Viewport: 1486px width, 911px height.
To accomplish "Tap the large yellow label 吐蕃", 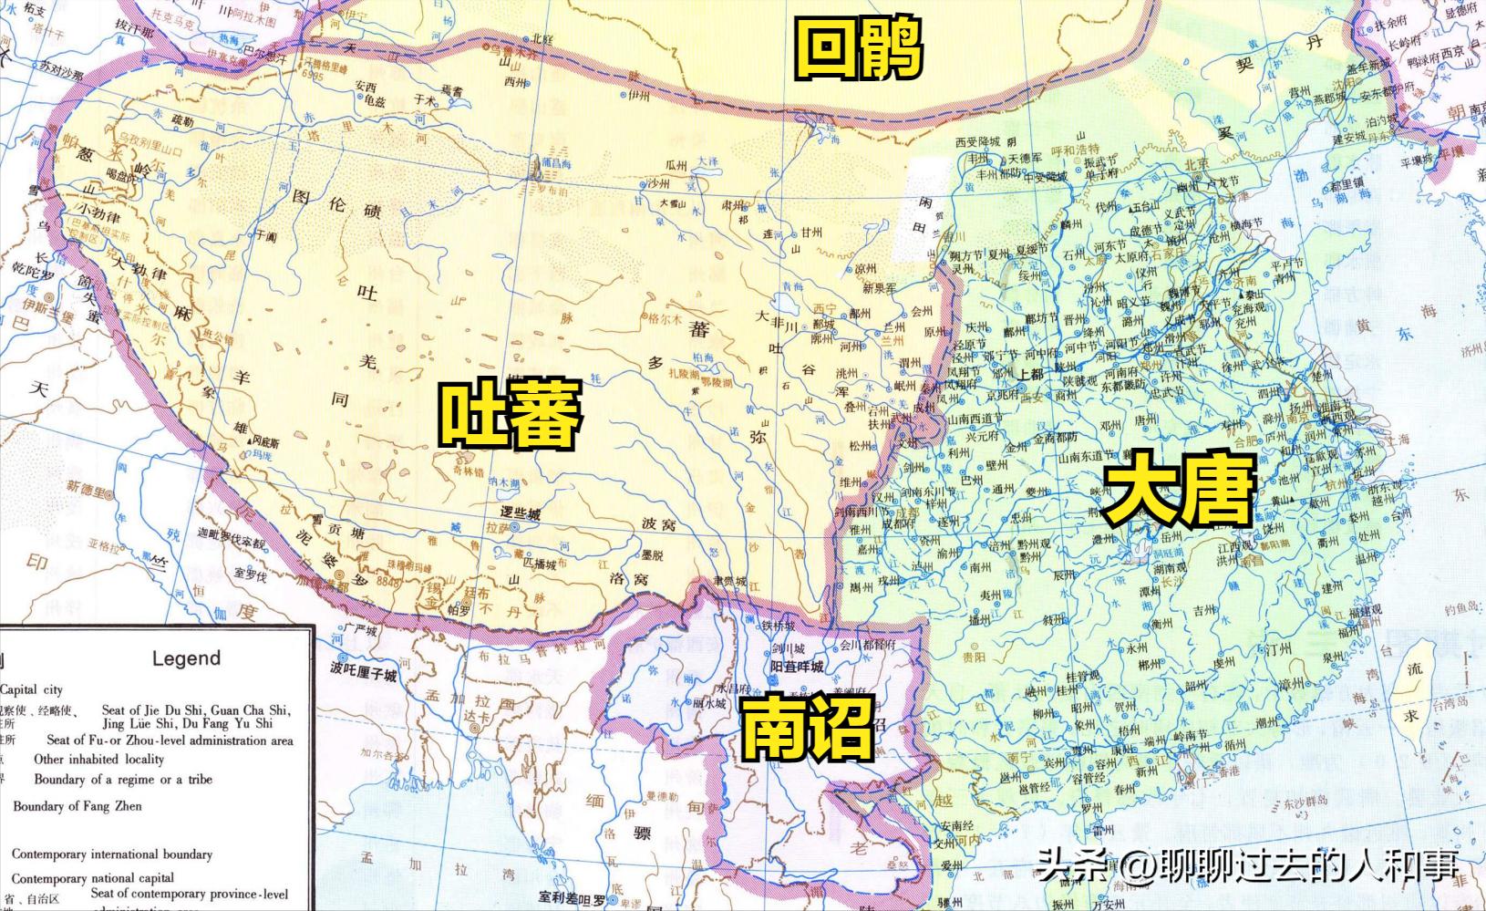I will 510,414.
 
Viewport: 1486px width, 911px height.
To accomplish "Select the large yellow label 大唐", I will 1179,493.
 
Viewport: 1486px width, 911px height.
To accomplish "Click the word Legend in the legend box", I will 186,658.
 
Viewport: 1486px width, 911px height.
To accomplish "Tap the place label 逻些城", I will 521,515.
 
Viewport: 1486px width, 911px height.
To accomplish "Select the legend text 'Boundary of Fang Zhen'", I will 77,806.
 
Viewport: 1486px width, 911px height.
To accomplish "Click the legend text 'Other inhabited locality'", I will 98,759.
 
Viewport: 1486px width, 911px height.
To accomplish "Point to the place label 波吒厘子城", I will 364,676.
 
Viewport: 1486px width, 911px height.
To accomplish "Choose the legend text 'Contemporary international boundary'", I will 112,854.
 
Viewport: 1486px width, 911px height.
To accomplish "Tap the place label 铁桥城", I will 779,626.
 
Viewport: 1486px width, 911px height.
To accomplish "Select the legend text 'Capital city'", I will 32,690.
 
